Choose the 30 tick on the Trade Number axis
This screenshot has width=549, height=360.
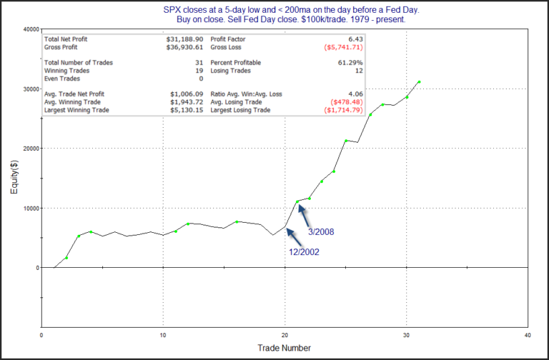point(406,334)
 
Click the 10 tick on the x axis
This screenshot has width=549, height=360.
point(163,334)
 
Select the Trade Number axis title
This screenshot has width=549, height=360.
point(284,348)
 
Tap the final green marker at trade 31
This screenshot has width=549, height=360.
point(419,82)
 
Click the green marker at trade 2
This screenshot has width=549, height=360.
point(66,258)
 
